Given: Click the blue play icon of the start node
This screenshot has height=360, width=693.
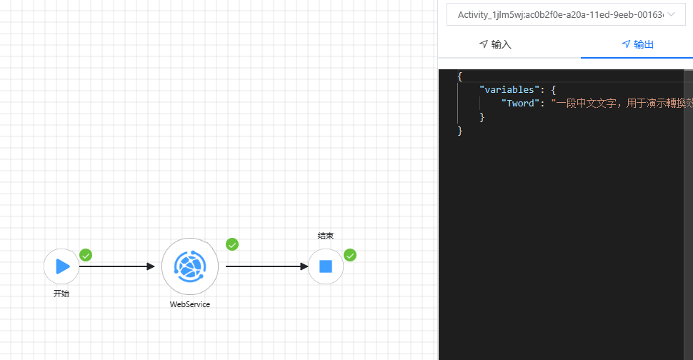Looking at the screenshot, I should (x=62, y=266).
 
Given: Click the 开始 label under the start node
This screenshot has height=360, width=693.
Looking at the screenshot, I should (x=61, y=293).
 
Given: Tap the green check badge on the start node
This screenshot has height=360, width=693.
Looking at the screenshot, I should (x=86, y=255).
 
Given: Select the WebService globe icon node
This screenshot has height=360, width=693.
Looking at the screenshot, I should (x=189, y=266).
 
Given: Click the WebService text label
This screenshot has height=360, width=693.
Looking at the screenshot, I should (x=189, y=304).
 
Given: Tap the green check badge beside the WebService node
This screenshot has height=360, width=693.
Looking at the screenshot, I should (x=232, y=244).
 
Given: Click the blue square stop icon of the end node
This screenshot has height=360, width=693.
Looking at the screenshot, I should (x=326, y=266).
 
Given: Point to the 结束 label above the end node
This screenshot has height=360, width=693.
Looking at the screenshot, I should (x=326, y=236).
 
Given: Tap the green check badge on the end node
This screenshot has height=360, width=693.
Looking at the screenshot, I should (x=350, y=255).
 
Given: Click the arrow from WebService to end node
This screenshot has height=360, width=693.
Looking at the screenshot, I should (x=266, y=266).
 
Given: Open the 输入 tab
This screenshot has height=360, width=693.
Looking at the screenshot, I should (x=495, y=44).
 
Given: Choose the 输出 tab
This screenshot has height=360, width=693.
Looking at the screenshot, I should (x=638, y=44).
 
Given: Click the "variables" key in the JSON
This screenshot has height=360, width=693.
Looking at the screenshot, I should (x=507, y=90).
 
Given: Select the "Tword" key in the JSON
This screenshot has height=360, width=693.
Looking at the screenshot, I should (x=521, y=104).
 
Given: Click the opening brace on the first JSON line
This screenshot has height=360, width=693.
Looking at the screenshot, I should (x=460, y=76).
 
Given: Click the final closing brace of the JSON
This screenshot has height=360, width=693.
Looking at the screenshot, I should (x=460, y=131).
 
